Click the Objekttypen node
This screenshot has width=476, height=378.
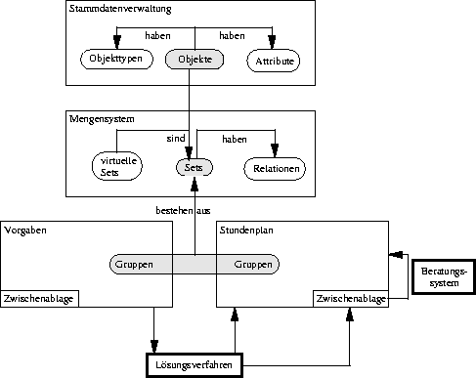[116, 59]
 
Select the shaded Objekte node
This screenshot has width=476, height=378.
[195, 60]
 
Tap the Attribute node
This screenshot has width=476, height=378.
[274, 61]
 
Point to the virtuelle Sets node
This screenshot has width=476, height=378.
[117, 166]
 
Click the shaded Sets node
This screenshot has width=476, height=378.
[195, 168]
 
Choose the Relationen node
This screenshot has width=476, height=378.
[275, 169]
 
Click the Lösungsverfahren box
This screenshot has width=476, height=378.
[195, 365]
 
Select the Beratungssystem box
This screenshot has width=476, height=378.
[444, 276]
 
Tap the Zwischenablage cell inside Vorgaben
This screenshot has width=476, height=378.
[39, 299]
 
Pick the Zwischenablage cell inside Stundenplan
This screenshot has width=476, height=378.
[351, 299]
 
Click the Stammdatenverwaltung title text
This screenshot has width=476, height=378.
[120, 9]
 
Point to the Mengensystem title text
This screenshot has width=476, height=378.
[102, 119]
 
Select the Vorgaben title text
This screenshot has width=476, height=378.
[25, 231]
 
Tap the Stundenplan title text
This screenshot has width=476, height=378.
[246, 231]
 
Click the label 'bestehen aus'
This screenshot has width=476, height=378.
[183, 211]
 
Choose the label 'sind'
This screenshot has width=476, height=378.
[176, 139]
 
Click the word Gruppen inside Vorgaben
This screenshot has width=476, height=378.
[134, 265]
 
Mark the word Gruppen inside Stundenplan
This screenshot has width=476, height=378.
[253, 265]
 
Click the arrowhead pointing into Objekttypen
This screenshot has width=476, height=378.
[117, 42]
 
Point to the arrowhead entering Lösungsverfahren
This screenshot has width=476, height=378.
[154, 347]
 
